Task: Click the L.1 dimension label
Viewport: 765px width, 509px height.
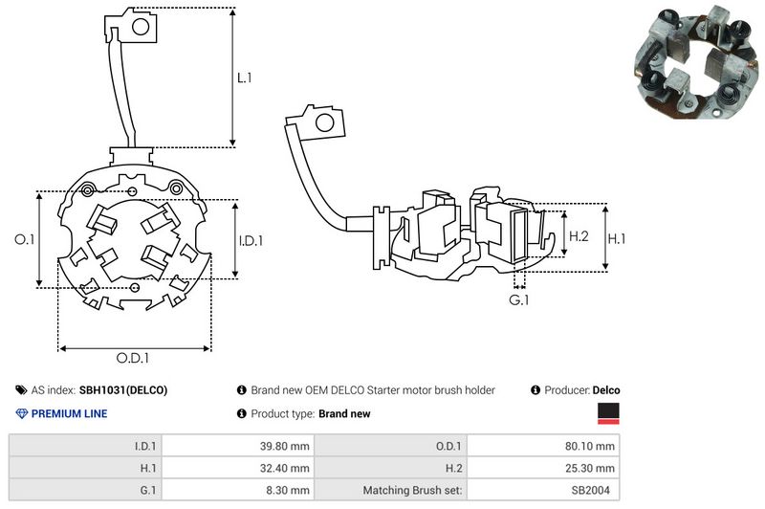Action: pyautogui.click(x=245, y=78)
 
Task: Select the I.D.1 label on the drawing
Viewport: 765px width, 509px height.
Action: pyautogui.click(x=250, y=240)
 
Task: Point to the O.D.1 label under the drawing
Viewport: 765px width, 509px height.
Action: pyautogui.click(x=134, y=358)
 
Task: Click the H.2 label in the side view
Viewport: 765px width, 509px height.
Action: pyautogui.click(x=579, y=235)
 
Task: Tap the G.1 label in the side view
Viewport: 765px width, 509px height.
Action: pyautogui.click(x=519, y=300)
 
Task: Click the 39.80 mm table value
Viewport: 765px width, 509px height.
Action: pyautogui.click(x=284, y=446)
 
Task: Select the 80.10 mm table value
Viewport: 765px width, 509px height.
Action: pyautogui.click(x=590, y=446)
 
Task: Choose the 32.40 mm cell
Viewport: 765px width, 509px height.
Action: pyautogui.click(x=284, y=468)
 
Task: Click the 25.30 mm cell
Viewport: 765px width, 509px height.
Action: pyautogui.click(x=590, y=468)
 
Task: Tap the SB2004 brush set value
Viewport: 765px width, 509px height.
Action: pyautogui.click(x=595, y=490)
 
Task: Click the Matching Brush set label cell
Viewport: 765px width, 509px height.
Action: pyautogui.click(x=413, y=490)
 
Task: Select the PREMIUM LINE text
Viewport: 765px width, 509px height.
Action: pyautogui.click(x=70, y=414)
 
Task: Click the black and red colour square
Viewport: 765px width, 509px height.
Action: pyautogui.click(x=608, y=413)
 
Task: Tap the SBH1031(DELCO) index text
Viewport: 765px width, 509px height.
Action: pyautogui.click(x=123, y=390)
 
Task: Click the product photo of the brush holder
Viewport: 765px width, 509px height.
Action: pyautogui.click(x=688, y=61)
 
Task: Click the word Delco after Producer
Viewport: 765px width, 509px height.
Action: pyautogui.click(x=606, y=390)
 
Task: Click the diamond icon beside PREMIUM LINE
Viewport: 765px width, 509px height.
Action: pyautogui.click(x=22, y=414)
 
